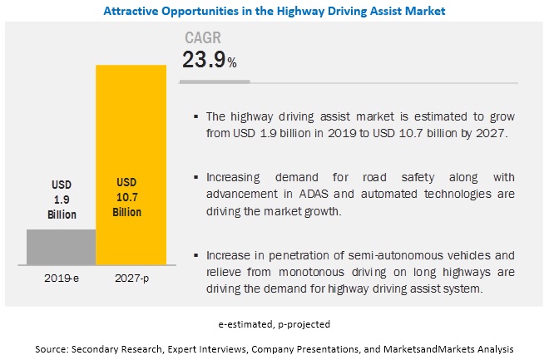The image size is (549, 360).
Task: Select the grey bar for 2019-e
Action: click(62, 246)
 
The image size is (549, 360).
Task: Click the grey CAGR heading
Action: click(203, 38)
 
